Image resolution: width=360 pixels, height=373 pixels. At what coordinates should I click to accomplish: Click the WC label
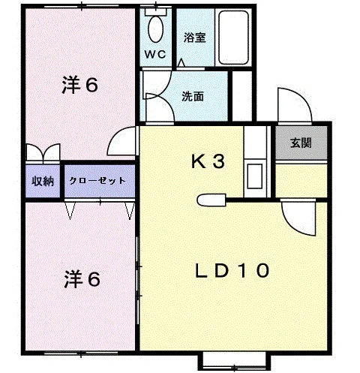tap(155, 54)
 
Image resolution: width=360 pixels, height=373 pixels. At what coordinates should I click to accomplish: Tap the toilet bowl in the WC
tap(155, 29)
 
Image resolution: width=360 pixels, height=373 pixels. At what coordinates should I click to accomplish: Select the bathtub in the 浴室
tap(233, 38)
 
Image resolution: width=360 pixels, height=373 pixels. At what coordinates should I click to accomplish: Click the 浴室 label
tap(195, 38)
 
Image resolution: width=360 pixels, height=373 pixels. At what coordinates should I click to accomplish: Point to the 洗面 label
tap(193, 97)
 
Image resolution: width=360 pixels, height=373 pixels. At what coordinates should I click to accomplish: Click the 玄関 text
tap(301, 143)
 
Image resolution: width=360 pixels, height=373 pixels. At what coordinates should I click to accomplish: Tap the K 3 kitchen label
tap(208, 161)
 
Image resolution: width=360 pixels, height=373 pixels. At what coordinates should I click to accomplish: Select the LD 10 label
tap(232, 271)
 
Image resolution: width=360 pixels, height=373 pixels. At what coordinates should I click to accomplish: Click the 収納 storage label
tap(43, 181)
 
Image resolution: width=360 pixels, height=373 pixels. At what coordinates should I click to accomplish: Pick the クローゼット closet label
tap(97, 181)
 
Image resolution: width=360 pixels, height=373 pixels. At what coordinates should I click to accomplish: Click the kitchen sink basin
tap(255, 176)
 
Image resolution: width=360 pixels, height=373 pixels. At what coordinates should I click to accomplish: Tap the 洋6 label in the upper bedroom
tap(79, 85)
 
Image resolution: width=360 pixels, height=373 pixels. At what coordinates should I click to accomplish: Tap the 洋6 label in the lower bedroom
tap(82, 279)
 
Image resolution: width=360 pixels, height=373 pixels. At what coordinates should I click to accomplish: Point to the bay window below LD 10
tap(234, 361)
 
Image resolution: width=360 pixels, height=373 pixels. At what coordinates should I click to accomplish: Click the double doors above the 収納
tap(43, 153)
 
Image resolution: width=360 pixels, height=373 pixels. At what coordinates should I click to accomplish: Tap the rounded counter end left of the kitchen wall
tap(211, 200)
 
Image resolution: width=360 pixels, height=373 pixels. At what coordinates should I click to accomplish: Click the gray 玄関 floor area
tap(301, 143)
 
